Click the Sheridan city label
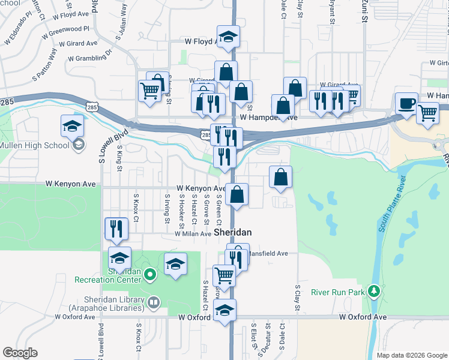click(232, 232)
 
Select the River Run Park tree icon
click(375, 292)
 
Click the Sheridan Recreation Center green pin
click(150, 275)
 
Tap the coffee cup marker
click(406, 103)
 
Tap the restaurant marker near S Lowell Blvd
click(116, 229)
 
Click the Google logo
click(20, 353)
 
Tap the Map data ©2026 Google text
click(411, 355)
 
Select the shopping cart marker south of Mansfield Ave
click(224, 276)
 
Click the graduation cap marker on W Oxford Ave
click(225, 310)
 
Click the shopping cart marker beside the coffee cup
click(427, 113)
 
